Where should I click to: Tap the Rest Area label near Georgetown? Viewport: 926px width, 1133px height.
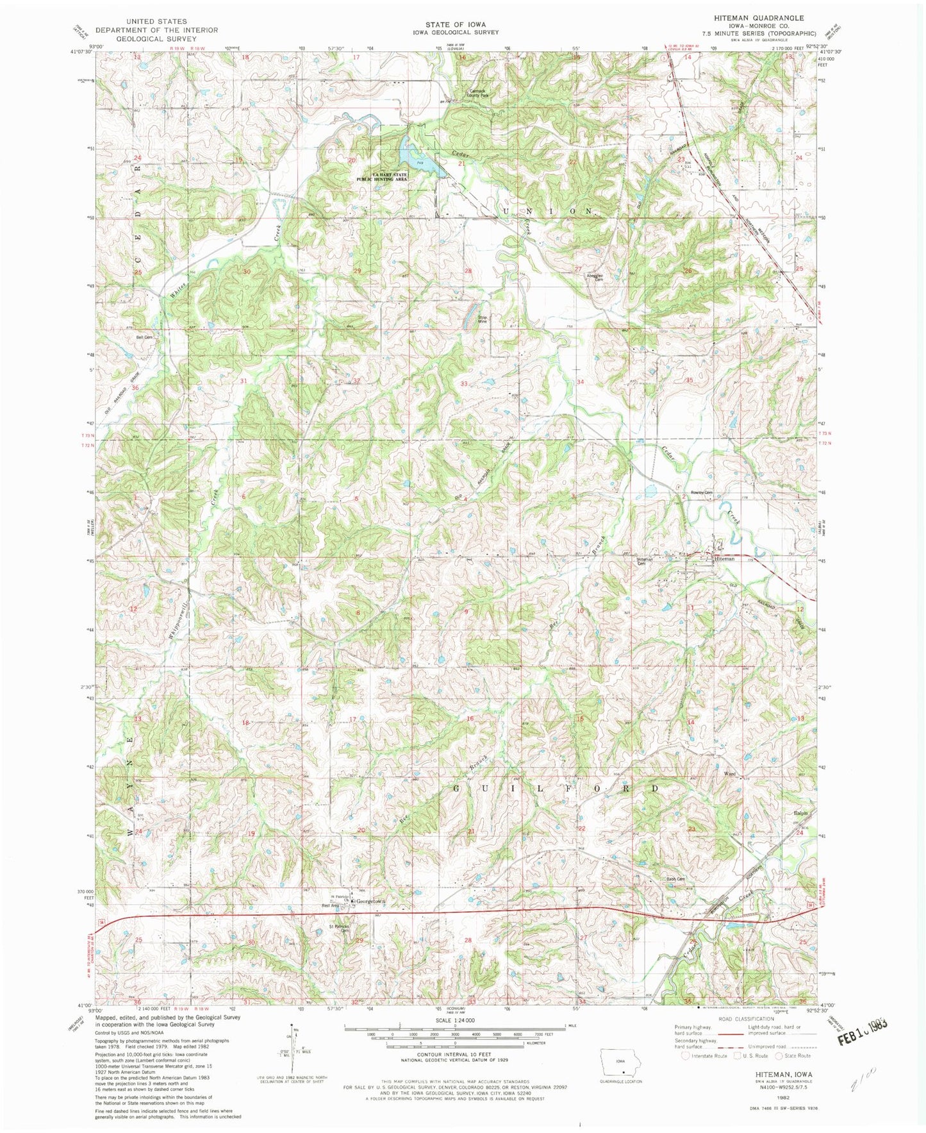[330, 905]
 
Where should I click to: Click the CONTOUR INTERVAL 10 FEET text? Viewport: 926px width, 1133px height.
[454, 1053]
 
